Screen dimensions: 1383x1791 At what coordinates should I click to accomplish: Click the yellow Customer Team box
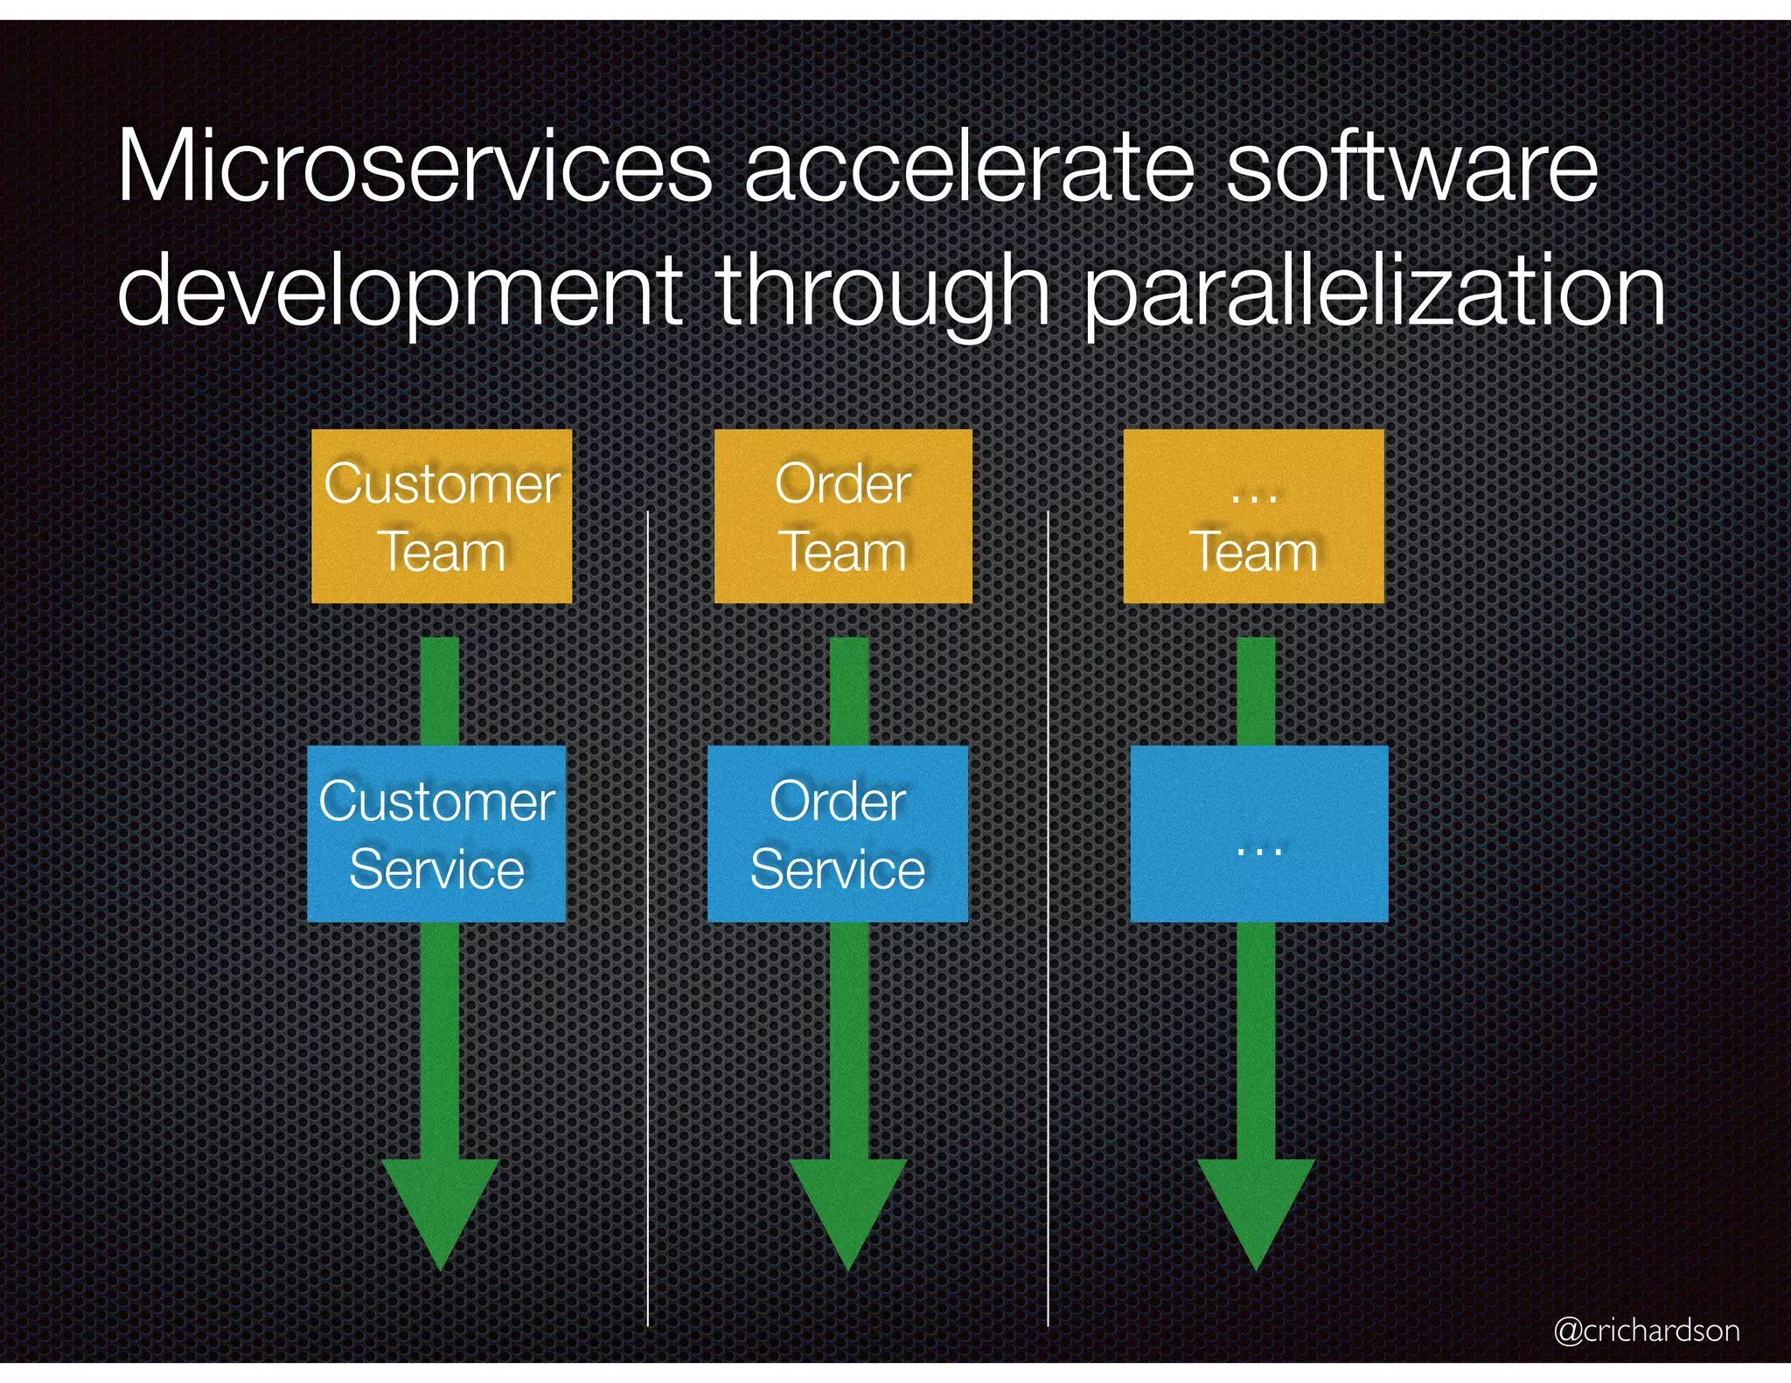coord(442,516)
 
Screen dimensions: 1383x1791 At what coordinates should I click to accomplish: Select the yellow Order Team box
coord(843,516)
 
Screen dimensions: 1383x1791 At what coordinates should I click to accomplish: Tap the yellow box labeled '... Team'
coord(1253,516)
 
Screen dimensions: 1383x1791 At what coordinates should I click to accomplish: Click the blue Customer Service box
coord(436,833)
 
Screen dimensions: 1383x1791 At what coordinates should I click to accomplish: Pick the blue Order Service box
coord(838,833)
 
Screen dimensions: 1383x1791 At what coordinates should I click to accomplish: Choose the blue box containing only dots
coord(1259,833)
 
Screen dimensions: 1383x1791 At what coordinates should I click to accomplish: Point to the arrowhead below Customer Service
coord(441,1211)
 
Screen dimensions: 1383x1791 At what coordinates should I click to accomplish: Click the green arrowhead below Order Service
coord(848,1211)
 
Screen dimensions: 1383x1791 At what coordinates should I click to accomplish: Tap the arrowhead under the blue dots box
coord(1256,1211)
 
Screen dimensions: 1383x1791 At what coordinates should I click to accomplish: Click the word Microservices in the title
coord(415,166)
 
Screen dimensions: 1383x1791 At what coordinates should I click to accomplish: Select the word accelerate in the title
coord(969,166)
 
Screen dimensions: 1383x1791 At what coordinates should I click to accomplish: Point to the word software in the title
coord(1411,166)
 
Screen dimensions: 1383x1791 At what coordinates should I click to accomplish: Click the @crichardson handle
coord(1647,1330)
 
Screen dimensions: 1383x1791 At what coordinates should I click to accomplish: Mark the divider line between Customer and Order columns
coord(648,918)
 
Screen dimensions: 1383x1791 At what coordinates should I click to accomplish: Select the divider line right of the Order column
coord(1048,918)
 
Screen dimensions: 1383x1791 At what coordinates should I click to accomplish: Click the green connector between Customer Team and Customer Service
coord(440,691)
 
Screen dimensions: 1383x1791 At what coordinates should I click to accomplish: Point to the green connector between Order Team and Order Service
coord(848,691)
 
